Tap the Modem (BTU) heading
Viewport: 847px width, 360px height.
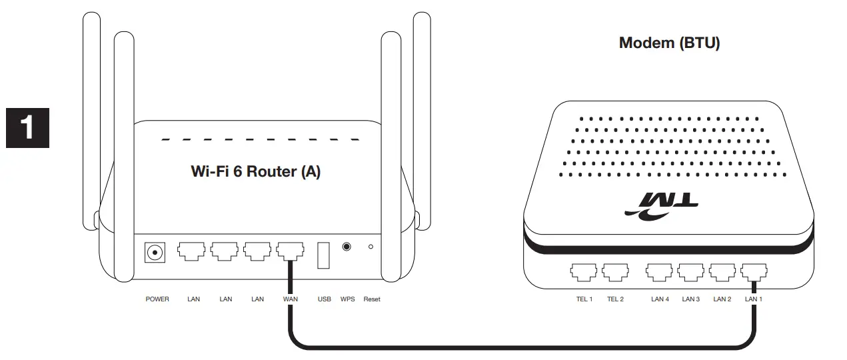[669, 43]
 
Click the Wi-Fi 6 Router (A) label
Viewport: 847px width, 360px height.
[256, 171]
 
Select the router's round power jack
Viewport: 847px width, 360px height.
[155, 253]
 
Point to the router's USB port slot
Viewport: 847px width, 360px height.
[323, 255]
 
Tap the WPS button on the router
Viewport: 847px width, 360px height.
[347, 247]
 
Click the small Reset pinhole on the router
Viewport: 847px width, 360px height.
[371, 247]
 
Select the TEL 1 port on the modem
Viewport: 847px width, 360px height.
[583, 272]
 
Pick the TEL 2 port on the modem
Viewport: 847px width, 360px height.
[615, 272]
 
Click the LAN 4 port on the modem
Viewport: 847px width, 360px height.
[659, 272]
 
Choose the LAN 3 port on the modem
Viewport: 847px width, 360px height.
[691, 272]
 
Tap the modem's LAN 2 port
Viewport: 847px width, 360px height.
[722, 272]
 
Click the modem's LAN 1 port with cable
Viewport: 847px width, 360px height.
[754, 272]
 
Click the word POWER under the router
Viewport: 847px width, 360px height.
[157, 299]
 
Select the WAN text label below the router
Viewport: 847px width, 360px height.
[291, 299]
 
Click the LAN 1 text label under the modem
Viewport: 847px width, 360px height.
[754, 299]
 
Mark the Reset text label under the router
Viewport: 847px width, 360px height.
[372, 299]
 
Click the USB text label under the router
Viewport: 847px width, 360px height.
[325, 299]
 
